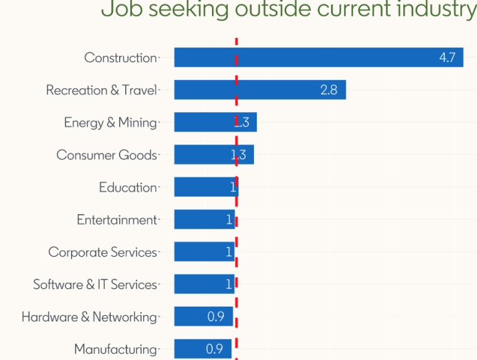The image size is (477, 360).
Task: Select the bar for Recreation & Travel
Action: [259, 90]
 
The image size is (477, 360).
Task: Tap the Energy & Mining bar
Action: [215, 123]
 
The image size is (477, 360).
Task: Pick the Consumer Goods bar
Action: [213, 155]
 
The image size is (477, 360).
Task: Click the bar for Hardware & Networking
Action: [203, 317]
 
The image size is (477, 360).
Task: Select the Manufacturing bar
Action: [203, 349]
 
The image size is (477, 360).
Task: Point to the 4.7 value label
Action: [447, 58]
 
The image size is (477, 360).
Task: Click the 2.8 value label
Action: [329, 90]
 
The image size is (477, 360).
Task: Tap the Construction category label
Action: [120, 58]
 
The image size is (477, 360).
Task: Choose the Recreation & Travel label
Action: [101, 90]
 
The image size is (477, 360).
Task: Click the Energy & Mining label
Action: [110, 123]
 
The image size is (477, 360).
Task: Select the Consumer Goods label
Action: [107, 155]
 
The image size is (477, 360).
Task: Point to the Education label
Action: [128, 187]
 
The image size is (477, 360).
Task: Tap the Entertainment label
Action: [117, 220]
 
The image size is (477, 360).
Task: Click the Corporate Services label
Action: [103, 252]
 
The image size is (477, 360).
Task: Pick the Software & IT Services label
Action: [95, 284]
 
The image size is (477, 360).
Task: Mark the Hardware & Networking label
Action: [89, 317]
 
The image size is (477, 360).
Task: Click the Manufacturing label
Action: [116, 349]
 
